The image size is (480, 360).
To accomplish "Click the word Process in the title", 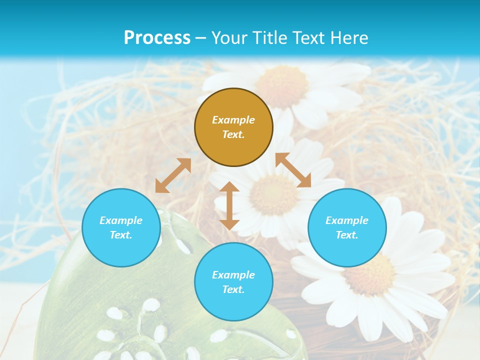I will [x=157, y=38].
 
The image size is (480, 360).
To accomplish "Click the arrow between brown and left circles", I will [x=173, y=175].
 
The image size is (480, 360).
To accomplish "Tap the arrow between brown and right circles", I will [x=293, y=170].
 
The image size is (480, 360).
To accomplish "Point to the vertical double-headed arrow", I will [x=229, y=205].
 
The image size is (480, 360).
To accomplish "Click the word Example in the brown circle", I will [x=233, y=120].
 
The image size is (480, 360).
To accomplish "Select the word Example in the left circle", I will [x=121, y=220].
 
